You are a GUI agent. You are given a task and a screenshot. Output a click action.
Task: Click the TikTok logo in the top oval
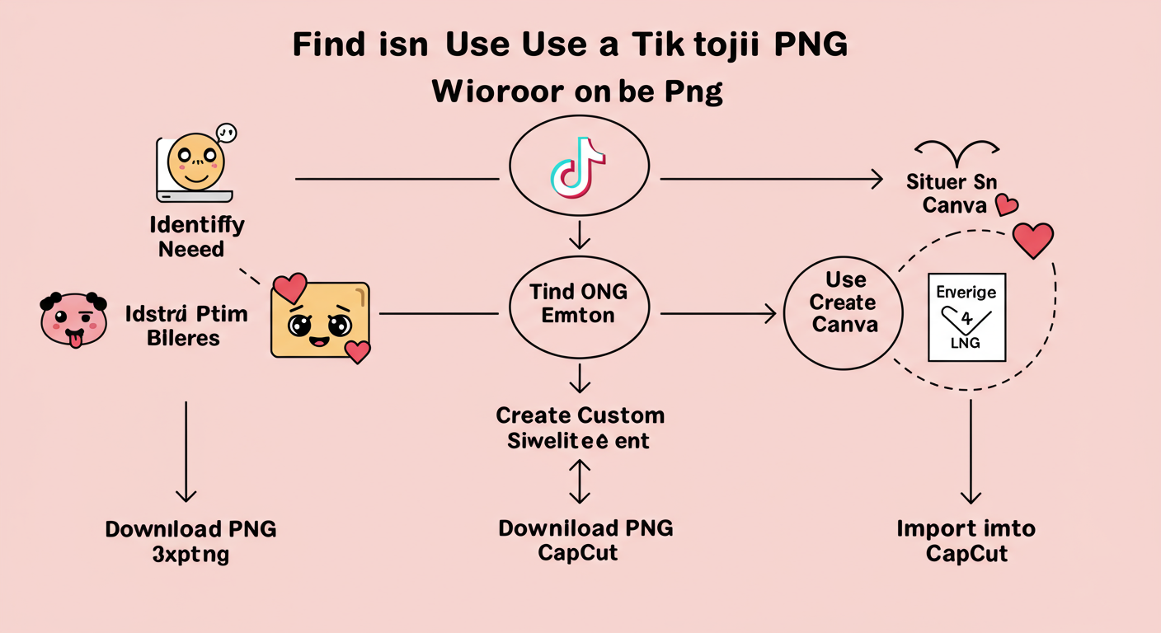coord(578,168)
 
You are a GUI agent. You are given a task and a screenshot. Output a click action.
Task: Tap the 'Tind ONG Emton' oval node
coord(579,302)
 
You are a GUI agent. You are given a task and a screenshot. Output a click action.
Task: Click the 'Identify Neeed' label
coord(196,236)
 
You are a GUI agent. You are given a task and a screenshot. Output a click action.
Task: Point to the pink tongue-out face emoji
coord(74,319)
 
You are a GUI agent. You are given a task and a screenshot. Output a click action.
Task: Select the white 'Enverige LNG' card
coord(966,317)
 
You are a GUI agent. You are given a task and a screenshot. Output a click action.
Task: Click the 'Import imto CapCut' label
coord(966,540)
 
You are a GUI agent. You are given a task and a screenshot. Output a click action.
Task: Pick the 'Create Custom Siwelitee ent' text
coord(580,428)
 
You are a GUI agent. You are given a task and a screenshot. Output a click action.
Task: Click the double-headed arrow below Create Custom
coord(580,481)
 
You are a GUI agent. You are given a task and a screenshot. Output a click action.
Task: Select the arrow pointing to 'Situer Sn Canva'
coord(767,179)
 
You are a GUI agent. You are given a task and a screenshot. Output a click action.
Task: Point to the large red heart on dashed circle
coord(1032,240)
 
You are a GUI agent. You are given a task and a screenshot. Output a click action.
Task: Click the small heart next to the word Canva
coord(1006,204)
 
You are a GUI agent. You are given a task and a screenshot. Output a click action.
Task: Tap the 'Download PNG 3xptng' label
coord(190,542)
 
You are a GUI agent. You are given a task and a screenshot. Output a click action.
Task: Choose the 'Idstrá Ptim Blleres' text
coord(186,325)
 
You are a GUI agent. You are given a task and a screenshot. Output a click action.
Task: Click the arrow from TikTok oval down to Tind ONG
coord(580,234)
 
